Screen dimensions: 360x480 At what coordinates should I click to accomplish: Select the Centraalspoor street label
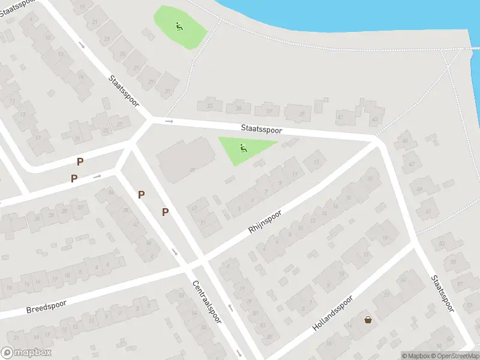(x=207, y=302)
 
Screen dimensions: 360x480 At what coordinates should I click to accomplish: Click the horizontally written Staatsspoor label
(x=261, y=129)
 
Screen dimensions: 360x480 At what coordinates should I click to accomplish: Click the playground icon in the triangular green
(x=243, y=148)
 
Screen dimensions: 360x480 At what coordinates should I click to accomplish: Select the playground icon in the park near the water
(x=179, y=26)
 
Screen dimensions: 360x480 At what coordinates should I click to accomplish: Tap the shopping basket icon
(x=368, y=320)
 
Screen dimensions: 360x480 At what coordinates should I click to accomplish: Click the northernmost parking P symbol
(x=80, y=161)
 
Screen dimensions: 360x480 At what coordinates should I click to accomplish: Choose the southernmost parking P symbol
(x=165, y=212)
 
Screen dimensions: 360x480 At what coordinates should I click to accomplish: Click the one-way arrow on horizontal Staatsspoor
(x=169, y=122)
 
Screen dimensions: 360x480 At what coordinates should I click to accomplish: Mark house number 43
(x=376, y=119)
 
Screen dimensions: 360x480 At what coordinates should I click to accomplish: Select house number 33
(x=209, y=106)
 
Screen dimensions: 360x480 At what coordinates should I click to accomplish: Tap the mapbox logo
(x=26, y=353)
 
